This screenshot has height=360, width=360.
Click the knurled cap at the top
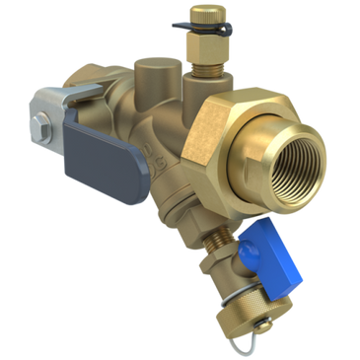[x=211, y=15]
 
